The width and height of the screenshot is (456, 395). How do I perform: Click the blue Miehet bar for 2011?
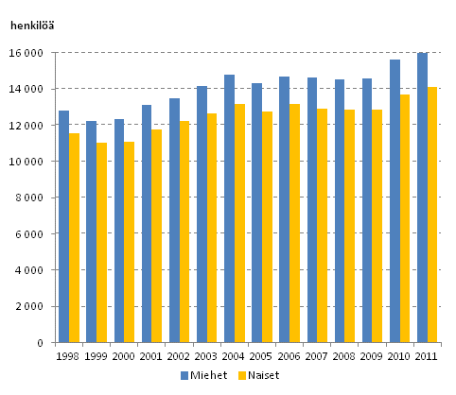click(x=422, y=197)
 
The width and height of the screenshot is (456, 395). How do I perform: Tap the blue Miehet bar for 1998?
click(x=63, y=227)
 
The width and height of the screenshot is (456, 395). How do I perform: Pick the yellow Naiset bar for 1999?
click(x=101, y=243)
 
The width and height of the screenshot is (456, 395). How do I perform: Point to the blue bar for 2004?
click(x=229, y=209)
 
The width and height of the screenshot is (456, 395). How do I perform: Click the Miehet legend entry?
click(x=202, y=376)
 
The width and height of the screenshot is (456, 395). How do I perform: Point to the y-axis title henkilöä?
click(x=32, y=26)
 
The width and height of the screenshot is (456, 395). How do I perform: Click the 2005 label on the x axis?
click(x=261, y=355)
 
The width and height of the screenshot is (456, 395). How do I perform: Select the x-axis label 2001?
click(x=151, y=355)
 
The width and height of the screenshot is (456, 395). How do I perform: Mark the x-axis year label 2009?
click(x=372, y=355)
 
